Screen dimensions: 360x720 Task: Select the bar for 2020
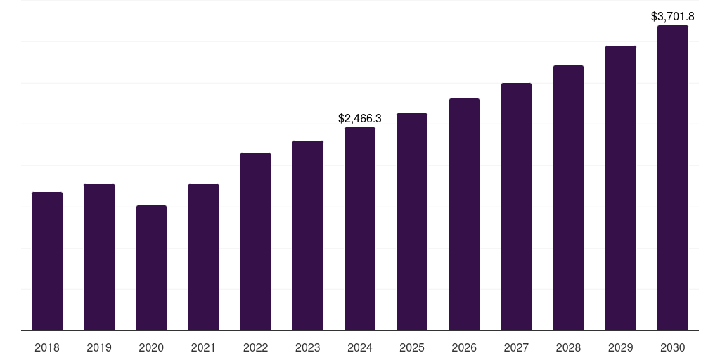click(151, 268)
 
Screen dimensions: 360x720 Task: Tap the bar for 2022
click(255, 242)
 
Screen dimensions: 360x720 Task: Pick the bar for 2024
click(360, 229)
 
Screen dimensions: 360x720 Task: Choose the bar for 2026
click(464, 214)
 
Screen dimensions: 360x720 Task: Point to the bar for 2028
click(568, 198)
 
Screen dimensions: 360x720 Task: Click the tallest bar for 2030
click(673, 178)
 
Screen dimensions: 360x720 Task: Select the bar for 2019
click(99, 257)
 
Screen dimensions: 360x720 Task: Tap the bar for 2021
click(203, 257)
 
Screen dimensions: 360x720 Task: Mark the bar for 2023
click(308, 236)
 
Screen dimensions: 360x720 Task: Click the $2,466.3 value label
click(360, 119)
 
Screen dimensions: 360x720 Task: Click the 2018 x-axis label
click(47, 347)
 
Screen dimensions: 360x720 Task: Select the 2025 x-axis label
click(412, 347)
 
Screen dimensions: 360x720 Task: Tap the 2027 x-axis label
click(516, 347)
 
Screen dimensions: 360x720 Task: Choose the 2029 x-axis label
click(621, 347)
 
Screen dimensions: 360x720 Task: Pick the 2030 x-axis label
click(673, 347)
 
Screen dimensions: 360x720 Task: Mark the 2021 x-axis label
click(203, 347)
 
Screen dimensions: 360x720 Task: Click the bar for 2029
click(621, 188)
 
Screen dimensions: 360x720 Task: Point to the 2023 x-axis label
click(308, 347)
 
